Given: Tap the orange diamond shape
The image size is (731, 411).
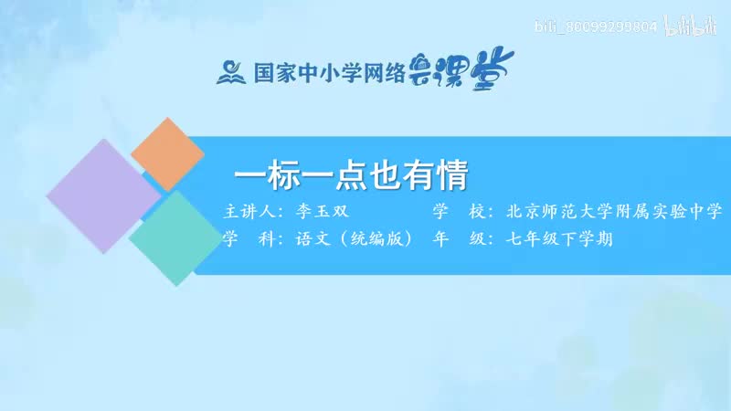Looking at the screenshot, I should pos(168,153).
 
